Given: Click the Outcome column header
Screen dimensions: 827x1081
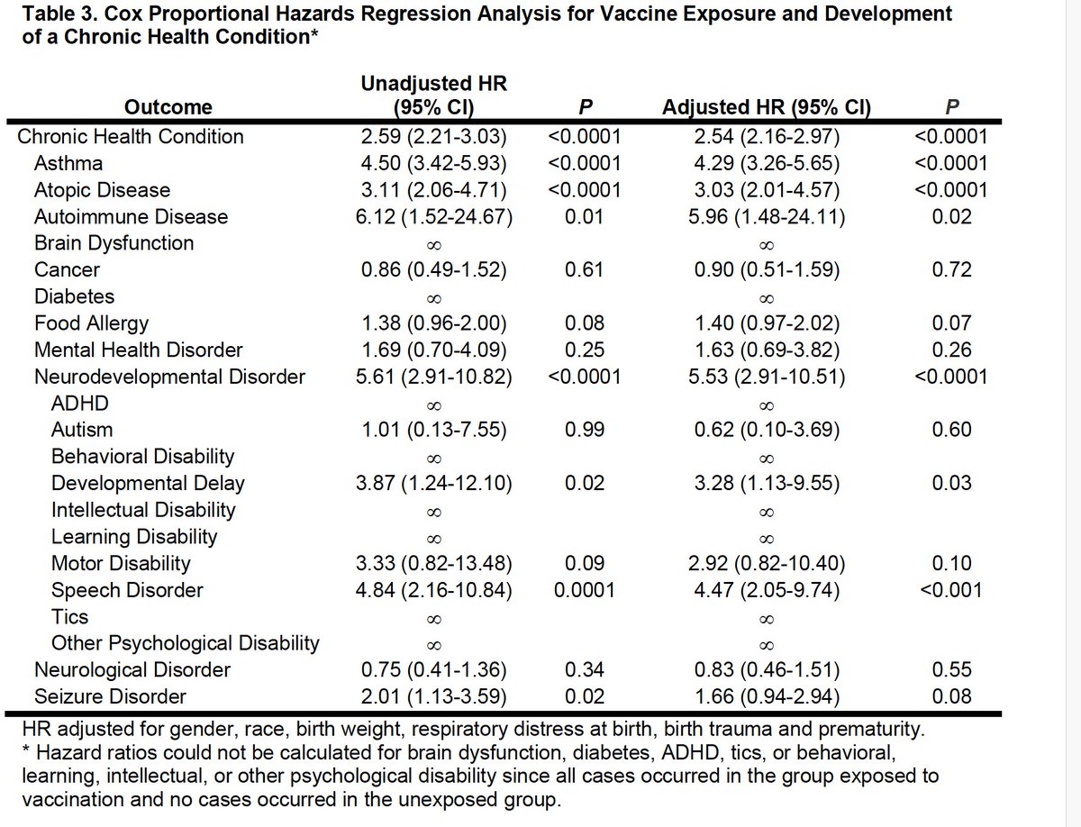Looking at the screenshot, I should click(x=168, y=107).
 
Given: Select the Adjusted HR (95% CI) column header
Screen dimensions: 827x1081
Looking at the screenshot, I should click(x=766, y=107).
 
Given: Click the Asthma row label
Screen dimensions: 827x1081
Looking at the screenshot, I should click(x=68, y=163).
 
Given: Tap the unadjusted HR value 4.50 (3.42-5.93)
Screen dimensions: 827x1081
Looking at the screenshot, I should click(x=433, y=163).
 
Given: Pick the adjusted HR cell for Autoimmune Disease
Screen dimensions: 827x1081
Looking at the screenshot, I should click(x=766, y=216).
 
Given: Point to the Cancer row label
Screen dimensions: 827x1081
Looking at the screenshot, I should click(x=67, y=269).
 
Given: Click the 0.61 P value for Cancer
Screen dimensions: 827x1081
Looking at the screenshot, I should click(x=585, y=269).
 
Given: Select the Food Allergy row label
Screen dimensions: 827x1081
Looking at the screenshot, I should click(x=91, y=323).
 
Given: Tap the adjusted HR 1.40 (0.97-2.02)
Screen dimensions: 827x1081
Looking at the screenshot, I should click(x=766, y=323).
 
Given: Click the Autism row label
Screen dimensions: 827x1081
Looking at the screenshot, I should click(x=82, y=430).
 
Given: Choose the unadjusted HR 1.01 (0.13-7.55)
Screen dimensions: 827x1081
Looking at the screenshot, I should click(x=433, y=430).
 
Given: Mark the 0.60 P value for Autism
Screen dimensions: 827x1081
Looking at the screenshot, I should click(x=952, y=430).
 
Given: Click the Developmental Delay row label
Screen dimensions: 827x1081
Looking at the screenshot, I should click(x=148, y=483).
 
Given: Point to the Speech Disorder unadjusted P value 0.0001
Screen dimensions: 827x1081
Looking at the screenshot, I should click(x=585, y=590).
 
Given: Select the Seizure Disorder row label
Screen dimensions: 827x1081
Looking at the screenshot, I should click(x=110, y=696).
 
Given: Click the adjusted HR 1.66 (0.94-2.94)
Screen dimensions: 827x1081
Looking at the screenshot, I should click(x=766, y=696).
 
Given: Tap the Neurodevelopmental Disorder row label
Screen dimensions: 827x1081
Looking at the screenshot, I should click(x=169, y=377).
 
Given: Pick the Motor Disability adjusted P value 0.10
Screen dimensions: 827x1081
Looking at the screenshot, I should click(x=952, y=563).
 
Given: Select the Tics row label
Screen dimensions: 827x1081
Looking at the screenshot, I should click(x=69, y=616).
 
